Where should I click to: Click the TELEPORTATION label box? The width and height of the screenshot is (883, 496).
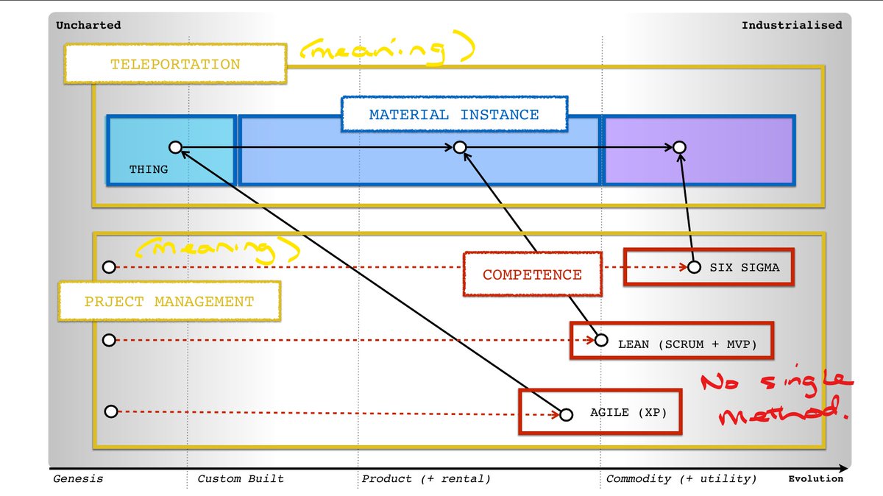175,64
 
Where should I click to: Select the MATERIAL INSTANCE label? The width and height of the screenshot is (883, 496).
454,114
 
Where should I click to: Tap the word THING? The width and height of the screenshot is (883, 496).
149,169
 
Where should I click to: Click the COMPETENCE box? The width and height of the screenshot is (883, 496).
532,274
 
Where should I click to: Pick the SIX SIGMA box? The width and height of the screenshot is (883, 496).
709,267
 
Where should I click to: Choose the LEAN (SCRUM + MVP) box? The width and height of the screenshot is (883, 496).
672,340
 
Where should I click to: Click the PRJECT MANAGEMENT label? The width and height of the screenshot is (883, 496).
169,301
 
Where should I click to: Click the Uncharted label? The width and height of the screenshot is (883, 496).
88,25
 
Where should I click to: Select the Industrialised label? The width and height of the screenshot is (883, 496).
792,25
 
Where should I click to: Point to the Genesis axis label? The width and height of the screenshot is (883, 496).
78,478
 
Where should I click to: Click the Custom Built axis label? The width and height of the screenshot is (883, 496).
241,478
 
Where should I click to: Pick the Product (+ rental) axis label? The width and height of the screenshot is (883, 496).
426,478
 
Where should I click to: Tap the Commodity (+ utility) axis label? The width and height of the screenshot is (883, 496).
681,478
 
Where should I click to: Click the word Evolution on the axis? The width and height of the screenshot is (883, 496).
816,478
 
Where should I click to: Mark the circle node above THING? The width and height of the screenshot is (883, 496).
175,147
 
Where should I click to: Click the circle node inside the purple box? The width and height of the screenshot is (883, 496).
680,147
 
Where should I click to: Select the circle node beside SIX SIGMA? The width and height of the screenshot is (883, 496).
694,267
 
